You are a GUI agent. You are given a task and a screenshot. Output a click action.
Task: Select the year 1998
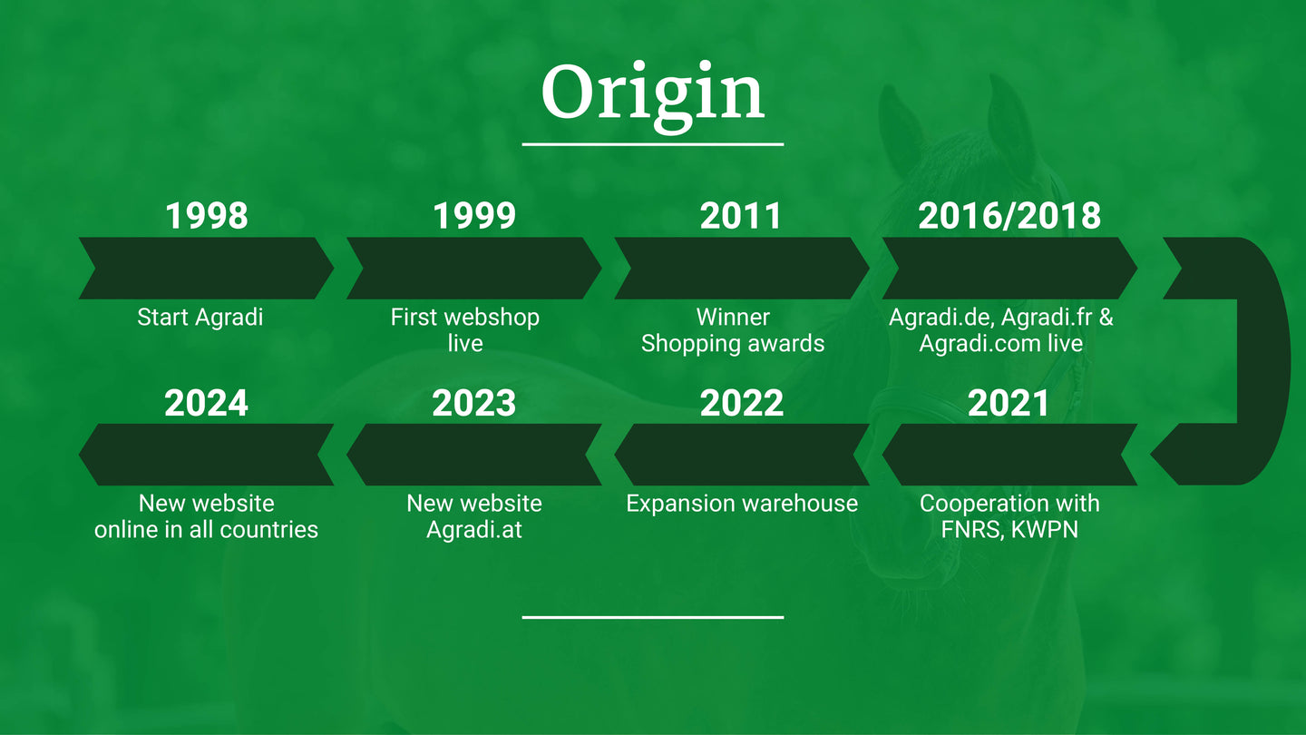click(207, 215)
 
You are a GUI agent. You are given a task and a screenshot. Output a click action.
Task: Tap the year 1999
click(474, 215)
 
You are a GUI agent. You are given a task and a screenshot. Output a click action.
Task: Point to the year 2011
click(740, 215)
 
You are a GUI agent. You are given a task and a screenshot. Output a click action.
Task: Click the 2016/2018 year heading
click(1009, 215)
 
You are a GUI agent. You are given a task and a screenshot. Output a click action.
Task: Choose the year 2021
click(1009, 403)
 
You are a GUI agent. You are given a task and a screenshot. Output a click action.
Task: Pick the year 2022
click(742, 403)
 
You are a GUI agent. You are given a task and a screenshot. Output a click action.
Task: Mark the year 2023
click(474, 403)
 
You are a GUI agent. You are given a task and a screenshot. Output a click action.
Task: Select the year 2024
click(207, 403)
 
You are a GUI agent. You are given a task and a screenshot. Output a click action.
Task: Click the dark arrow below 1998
click(207, 269)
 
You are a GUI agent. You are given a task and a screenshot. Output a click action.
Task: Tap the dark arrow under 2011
click(742, 269)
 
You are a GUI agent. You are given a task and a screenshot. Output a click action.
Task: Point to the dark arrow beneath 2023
click(474, 455)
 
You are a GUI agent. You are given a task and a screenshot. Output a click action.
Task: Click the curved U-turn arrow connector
click(1265, 362)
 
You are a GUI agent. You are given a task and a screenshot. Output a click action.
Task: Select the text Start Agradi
click(200, 318)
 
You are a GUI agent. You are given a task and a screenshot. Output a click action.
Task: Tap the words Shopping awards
click(733, 344)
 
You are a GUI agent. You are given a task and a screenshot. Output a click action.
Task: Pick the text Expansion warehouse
click(742, 504)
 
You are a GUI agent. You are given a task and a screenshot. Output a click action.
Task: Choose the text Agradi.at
click(474, 530)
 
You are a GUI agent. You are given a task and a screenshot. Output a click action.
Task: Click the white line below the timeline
click(652, 617)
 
